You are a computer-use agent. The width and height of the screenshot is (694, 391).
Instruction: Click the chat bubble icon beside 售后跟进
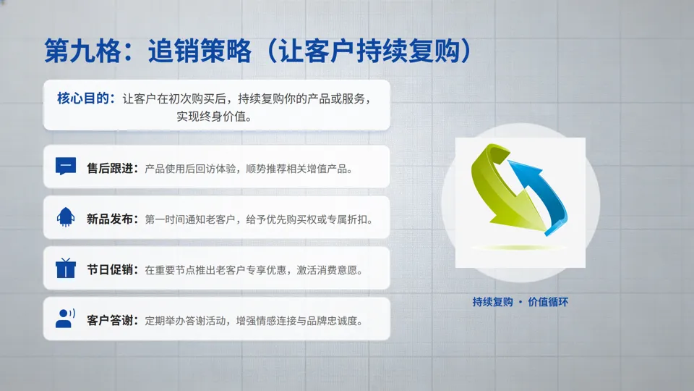[65, 167]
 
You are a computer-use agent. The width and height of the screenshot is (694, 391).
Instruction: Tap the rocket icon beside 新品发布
[65, 217]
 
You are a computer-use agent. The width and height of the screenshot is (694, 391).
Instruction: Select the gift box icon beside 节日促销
[65, 268]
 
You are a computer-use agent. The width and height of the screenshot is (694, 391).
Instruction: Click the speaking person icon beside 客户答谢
[65, 319]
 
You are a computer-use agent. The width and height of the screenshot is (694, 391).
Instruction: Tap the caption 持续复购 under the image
[492, 302]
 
